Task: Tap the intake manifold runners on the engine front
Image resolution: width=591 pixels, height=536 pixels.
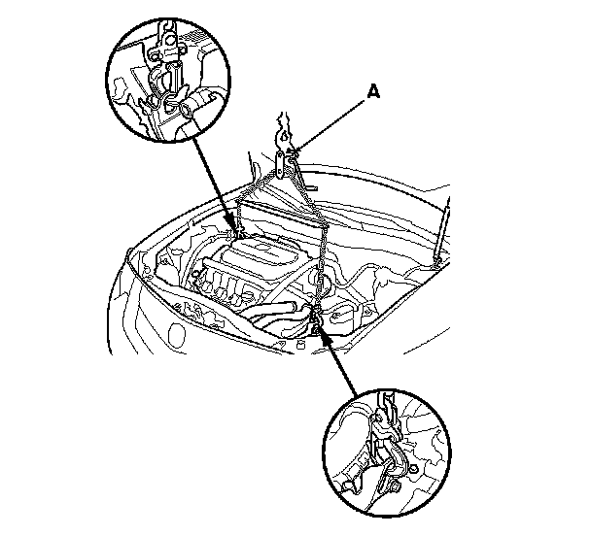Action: point(224,287)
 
